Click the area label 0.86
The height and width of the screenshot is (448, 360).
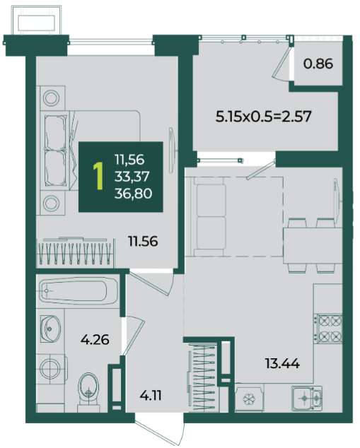pos(318,64)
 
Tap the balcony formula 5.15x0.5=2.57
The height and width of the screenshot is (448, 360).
pos(263,117)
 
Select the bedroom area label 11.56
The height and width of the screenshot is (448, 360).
pos(143,242)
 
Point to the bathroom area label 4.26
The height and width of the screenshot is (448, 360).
pos(95,340)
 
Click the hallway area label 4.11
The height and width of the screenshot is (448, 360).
pos(151,396)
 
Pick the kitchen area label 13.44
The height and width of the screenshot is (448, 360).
pos(282,363)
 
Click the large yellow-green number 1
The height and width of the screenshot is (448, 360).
pos(98,176)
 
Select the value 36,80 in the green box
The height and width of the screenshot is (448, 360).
pos(133,194)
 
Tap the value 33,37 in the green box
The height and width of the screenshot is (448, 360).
pos(132,177)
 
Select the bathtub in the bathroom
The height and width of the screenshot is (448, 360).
pos(78,291)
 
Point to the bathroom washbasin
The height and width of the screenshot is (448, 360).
pos(50,329)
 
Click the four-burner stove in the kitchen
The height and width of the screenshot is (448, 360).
pos(328,329)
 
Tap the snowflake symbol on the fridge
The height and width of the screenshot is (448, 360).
pos(249,399)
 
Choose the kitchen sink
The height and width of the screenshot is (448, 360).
pos(307,398)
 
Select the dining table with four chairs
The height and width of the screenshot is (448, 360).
pos(313,246)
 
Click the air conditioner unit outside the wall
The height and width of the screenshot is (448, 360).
pos(36,20)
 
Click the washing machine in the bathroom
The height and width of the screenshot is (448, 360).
pos(50,368)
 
